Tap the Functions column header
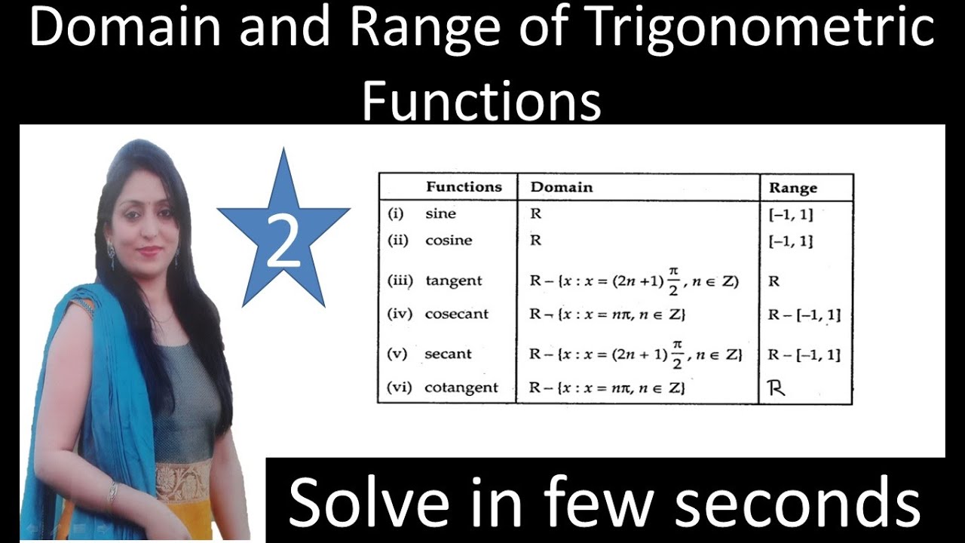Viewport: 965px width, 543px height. pos(464,187)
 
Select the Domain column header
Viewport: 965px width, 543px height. pos(562,187)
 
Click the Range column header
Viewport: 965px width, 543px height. pos(792,188)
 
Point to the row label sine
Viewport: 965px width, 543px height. pos(440,213)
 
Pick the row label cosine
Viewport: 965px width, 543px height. pos(448,241)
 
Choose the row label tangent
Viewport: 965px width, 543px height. pos(453,281)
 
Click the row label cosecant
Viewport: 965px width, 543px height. pos(457,314)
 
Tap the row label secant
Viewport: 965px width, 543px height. pos(448,354)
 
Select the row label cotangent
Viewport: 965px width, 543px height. pos(461,388)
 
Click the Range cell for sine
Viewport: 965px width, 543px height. pos(790,214)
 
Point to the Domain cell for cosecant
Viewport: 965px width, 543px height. pos(608,314)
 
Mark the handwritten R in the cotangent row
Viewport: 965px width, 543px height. pos(777,389)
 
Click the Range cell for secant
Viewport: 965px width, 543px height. pos(804,354)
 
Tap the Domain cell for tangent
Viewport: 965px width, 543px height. pos(633,281)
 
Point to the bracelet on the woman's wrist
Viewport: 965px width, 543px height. pos(112,494)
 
